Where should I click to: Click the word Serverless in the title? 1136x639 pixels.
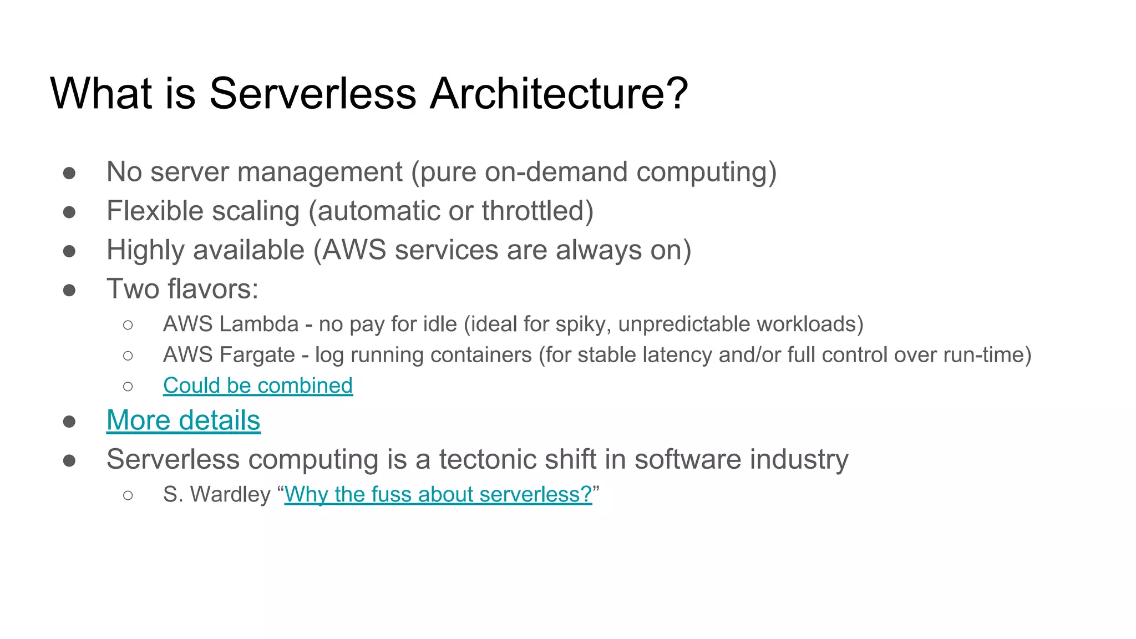(312, 93)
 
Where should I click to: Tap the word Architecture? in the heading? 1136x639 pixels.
(559, 93)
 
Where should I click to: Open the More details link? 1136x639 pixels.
(183, 420)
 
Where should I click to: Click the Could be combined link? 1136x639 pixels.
(257, 386)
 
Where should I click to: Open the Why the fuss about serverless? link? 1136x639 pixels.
(438, 494)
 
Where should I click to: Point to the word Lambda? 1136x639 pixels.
(259, 324)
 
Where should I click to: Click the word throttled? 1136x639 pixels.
(533, 211)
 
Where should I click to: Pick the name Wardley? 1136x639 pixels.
(230, 494)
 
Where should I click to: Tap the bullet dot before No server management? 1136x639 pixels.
(69, 173)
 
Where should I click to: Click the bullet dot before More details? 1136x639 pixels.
(69, 422)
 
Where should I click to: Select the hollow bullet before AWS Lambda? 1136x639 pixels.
(128, 325)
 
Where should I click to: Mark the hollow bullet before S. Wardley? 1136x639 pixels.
(128, 495)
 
